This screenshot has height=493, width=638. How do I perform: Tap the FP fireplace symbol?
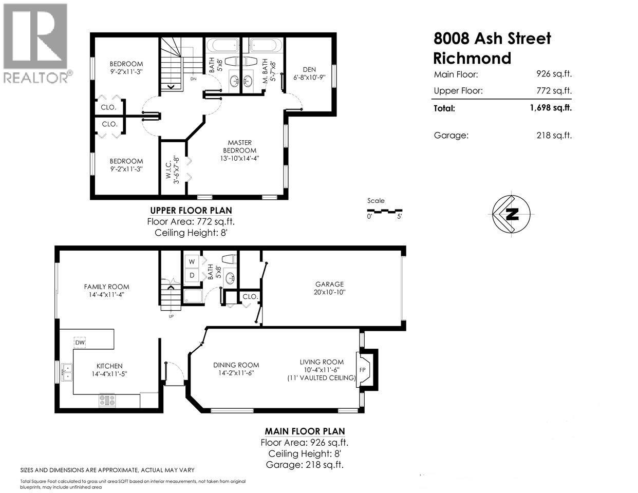pyautogui.click(x=363, y=370)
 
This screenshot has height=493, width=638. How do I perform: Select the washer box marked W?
pyautogui.click(x=192, y=262)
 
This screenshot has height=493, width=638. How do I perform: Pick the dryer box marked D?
pyautogui.click(x=192, y=275)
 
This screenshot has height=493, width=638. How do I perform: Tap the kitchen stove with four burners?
pyautogui.click(x=108, y=400)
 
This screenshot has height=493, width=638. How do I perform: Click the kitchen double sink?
pyautogui.click(x=66, y=371)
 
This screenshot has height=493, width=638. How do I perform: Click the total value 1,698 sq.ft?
pyautogui.click(x=550, y=108)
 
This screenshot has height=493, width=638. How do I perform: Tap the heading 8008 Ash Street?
pyautogui.click(x=492, y=39)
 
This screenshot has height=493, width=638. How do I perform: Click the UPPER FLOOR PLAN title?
pyautogui.click(x=191, y=210)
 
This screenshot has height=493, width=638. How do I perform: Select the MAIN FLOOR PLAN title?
pyautogui.click(x=305, y=431)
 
